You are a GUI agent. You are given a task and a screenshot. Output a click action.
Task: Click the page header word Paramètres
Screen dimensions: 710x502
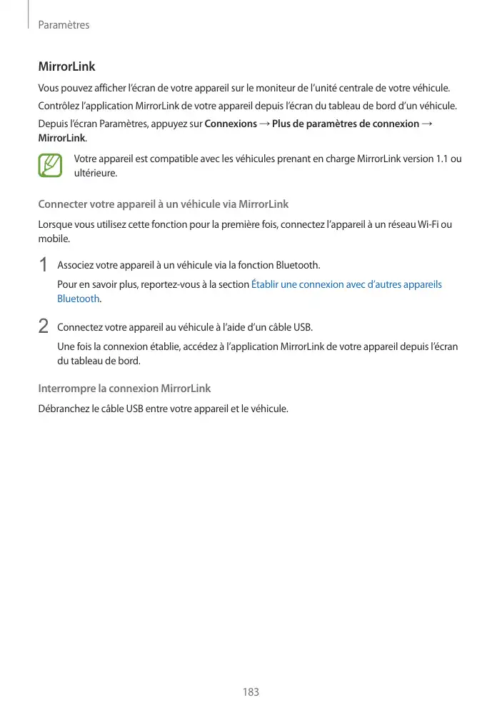[x=64, y=25]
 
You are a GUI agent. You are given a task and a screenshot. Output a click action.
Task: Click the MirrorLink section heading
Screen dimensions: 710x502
[x=66, y=67]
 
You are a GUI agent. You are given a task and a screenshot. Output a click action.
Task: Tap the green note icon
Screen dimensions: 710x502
[x=51, y=166]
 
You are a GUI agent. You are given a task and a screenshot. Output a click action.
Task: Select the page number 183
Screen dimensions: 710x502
[x=251, y=692]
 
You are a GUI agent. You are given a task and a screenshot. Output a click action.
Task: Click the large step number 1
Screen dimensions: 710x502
[x=43, y=265]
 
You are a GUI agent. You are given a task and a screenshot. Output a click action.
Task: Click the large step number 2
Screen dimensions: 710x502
[x=43, y=326]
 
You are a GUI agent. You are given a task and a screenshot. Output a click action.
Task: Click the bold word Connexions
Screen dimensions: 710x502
[x=231, y=124]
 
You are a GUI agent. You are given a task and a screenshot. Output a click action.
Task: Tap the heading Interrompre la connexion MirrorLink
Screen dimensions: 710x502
[x=124, y=389]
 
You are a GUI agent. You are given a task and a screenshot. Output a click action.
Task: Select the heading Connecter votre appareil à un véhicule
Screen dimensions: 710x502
[x=163, y=204]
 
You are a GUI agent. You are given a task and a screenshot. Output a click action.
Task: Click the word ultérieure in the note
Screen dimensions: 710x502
[x=95, y=173]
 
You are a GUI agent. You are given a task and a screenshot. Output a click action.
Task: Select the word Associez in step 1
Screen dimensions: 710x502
[x=75, y=266]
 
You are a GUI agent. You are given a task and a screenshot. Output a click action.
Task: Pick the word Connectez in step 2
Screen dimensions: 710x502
[x=79, y=328]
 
